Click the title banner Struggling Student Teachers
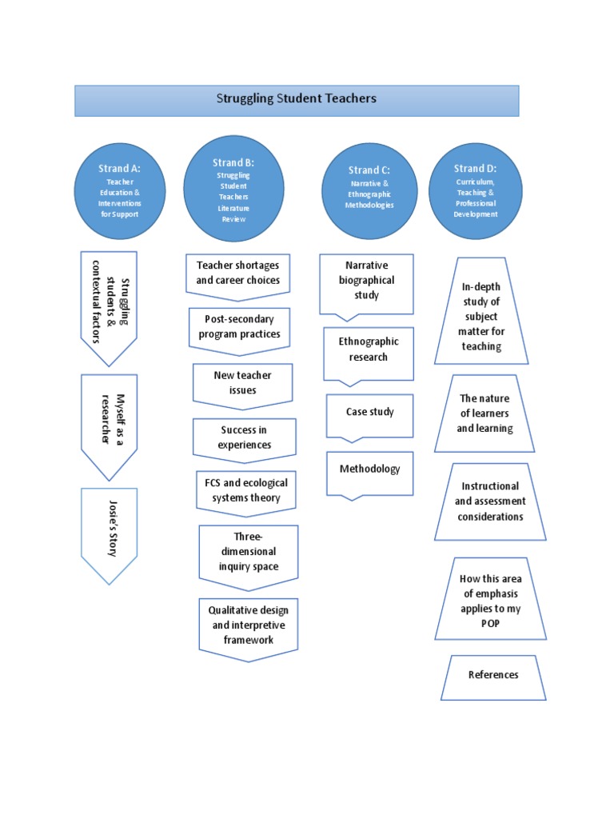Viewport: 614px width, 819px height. [x=297, y=100]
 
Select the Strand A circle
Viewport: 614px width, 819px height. [x=119, y=191]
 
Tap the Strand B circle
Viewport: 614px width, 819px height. [x=233, y=189]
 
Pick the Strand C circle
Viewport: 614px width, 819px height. [x=369, y=190]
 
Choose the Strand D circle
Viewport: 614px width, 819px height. [x=475, y=190]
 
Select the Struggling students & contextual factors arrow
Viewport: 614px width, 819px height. [x=109, y=304]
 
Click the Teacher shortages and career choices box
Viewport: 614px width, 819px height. [x=238, y=274]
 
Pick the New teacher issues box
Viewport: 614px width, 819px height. [x=242, y=382]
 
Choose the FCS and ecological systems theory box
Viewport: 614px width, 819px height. [x=245, y=491]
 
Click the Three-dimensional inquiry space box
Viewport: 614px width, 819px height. [x=248, y=551]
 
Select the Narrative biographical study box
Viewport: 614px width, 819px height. [x=368, y=281]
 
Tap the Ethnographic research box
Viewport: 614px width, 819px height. [x=369, y=350]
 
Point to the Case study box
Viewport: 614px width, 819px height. [x=369, y=413]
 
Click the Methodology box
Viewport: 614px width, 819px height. [x=369, y=470]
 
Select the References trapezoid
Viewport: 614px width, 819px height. [x=493, y=676]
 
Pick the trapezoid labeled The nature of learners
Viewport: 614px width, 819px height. [x=484, y=413]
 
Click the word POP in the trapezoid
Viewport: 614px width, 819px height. [x=491, y=624]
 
